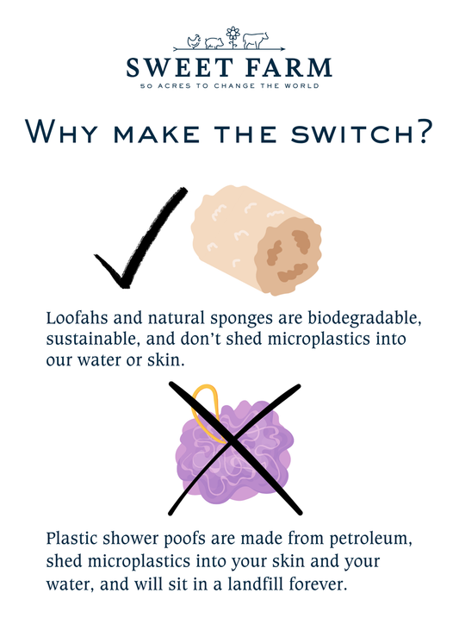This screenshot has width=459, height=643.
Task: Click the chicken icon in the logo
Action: coord(194,40)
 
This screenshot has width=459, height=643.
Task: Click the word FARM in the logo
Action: coord(285,68)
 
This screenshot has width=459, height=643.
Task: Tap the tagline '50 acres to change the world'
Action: coord(229,86)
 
